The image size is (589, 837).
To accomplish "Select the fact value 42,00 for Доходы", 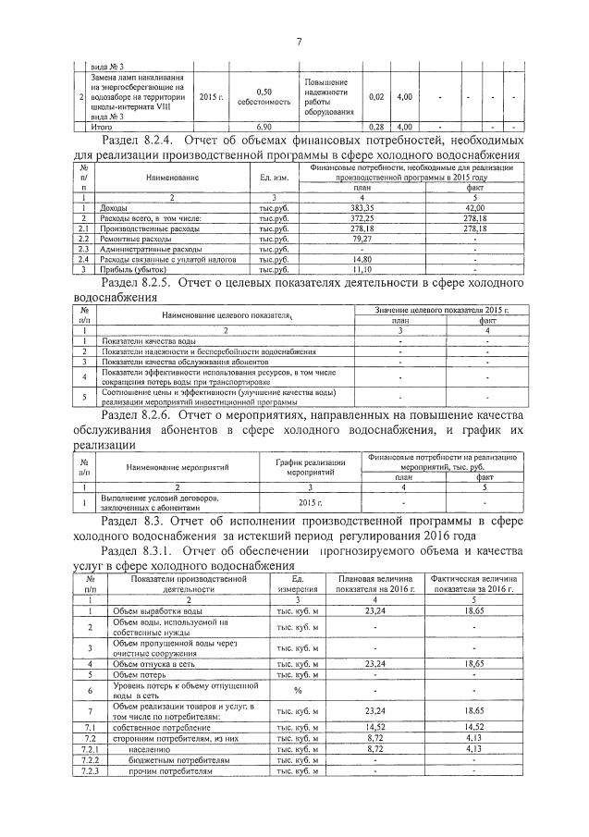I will (x=474, y=207).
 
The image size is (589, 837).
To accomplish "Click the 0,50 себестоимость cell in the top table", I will (x=264, y=96).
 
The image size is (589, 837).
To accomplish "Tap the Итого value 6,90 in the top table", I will (x=264, y=126).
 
